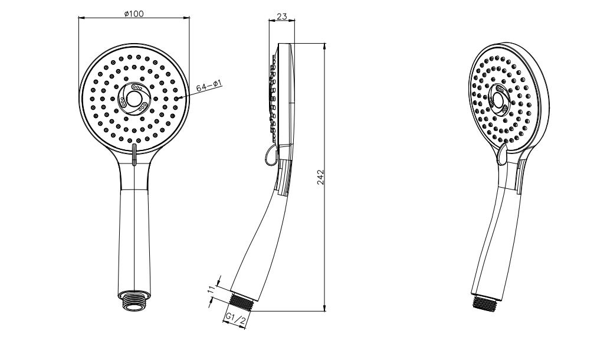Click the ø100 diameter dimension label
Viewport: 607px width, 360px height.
pos(134,14)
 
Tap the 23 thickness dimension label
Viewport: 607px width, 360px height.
pos(282,17)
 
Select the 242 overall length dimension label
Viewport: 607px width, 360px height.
pos(321,177)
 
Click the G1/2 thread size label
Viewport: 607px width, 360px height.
pos(235,319)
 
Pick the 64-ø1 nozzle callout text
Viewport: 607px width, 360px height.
pos(209,86)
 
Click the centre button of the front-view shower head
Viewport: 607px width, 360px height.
pos(134,99)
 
